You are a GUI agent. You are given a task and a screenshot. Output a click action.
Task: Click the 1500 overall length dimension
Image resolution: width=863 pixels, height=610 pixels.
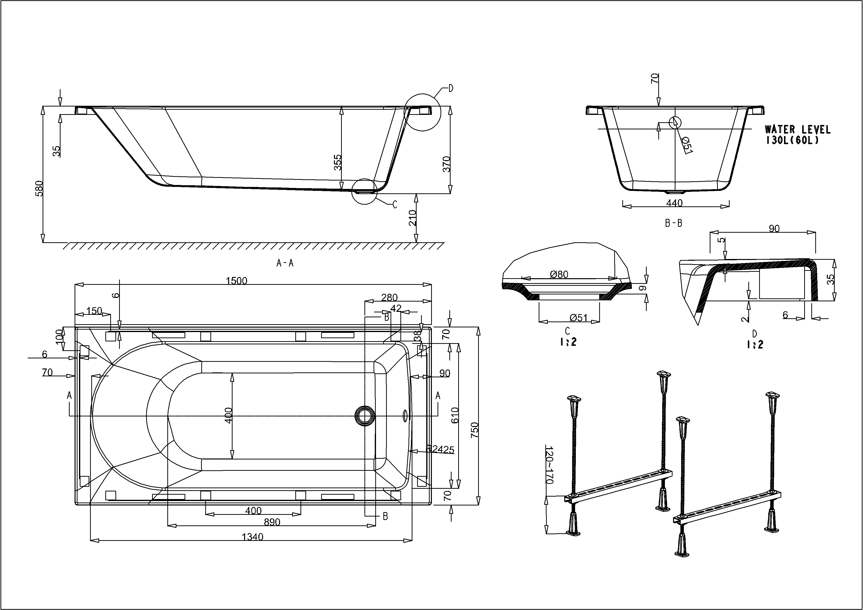[236, 281]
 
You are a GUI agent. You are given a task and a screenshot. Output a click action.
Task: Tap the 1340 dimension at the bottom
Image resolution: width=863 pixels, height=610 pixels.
[252, 537]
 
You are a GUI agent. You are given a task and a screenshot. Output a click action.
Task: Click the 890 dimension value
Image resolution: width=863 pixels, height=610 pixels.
[272, 522]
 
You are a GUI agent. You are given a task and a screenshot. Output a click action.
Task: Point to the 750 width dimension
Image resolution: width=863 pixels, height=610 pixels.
[474, 430]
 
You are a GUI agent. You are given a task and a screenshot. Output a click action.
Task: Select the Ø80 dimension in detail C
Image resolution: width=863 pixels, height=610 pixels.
[559, 274]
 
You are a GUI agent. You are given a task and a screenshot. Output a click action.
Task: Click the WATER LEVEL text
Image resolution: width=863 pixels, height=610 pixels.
[798, 130]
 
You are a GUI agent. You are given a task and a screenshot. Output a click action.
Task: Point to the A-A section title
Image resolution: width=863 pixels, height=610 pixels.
[285, 263]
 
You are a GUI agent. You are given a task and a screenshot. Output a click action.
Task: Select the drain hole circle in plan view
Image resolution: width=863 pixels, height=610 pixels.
[364, 415]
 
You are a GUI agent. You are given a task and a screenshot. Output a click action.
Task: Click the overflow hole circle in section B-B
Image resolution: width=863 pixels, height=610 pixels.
[675, 122]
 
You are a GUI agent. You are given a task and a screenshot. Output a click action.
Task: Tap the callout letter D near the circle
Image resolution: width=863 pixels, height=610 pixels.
[451, 88]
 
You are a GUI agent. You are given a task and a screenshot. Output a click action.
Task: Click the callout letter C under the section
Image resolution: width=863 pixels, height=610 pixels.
[395, 205]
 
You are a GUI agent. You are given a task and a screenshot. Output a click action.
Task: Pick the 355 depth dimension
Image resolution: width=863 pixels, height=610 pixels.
[338, 162]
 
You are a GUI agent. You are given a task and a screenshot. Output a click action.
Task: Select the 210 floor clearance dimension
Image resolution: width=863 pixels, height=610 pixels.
[413, 218]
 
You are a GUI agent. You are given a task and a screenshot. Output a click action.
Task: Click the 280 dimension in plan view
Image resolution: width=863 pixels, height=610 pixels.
[389, 297]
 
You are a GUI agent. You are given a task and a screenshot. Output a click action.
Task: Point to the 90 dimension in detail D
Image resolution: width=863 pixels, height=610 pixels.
[774, 228]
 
